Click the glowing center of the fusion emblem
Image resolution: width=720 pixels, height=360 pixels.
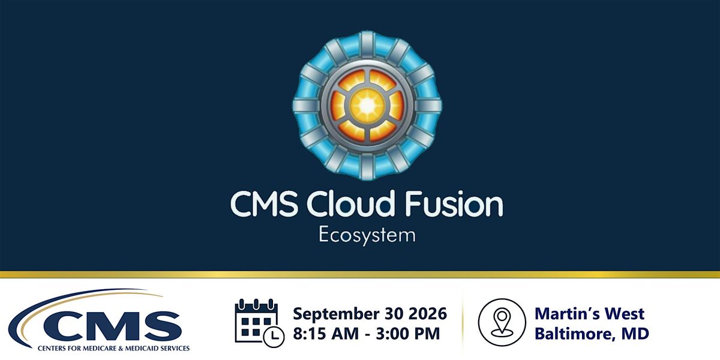[367, 105]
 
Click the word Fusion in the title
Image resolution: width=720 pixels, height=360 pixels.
[454, 204]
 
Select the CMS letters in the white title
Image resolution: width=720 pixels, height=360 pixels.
[264, 204]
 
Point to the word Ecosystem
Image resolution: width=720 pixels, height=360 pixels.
[367, 236]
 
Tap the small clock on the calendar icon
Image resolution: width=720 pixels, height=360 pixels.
[274, 337]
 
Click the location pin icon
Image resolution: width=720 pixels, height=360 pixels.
[502, 322]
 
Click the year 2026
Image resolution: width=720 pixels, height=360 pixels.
[427, 313]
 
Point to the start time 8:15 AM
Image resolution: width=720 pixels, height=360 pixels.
[326, 334]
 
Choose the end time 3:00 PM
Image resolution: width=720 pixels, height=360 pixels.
[408, 334]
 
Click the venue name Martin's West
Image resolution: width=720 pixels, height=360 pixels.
[589, 313]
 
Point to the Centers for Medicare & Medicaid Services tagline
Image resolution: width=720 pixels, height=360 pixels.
[113, 348]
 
